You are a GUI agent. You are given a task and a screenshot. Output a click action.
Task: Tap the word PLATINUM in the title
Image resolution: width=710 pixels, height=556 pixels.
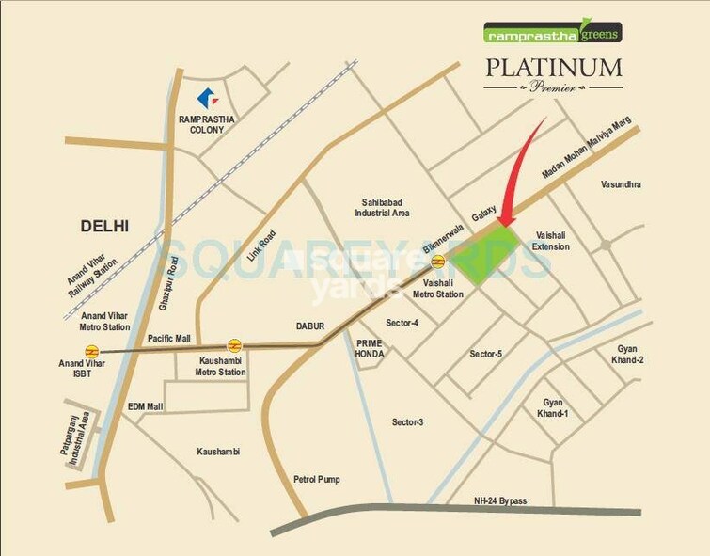553,69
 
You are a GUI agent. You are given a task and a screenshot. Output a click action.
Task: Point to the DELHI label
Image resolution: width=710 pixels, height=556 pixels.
104,226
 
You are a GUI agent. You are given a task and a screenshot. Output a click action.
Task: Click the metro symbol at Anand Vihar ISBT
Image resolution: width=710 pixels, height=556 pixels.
91,351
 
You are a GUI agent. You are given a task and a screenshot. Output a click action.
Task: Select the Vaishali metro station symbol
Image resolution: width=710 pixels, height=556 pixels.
437,262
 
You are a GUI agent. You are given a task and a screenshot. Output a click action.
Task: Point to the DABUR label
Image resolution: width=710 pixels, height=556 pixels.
309,326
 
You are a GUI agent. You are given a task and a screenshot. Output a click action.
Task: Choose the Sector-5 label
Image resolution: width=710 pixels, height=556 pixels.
486,354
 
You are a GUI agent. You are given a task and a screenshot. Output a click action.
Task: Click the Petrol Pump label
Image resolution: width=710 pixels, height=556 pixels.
315,479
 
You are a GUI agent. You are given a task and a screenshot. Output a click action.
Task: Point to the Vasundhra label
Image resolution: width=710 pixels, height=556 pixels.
621,184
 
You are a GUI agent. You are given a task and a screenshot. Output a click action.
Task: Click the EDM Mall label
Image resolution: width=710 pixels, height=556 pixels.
146,406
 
